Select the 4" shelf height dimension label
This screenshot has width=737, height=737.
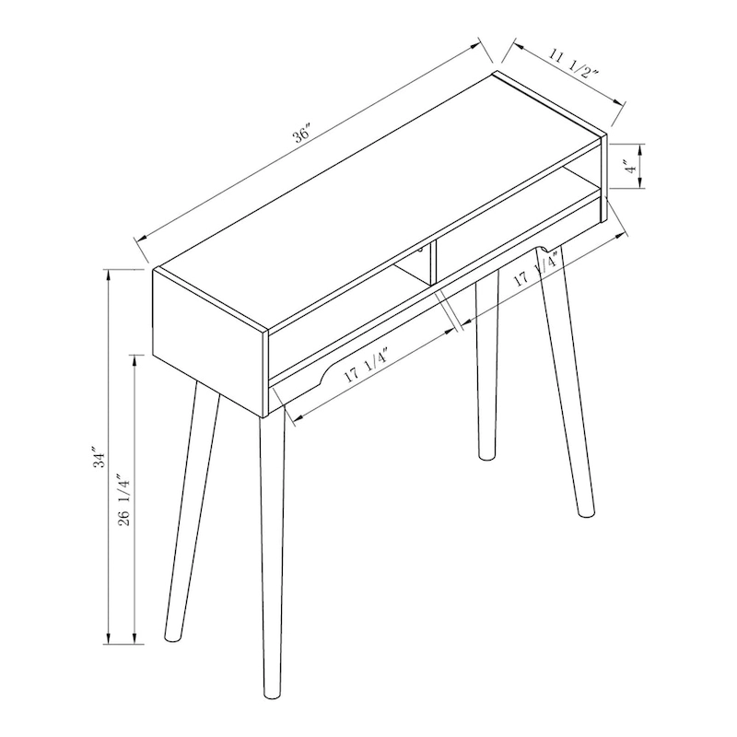627,168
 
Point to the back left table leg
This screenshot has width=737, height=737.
189,516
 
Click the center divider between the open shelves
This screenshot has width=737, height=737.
428,263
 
